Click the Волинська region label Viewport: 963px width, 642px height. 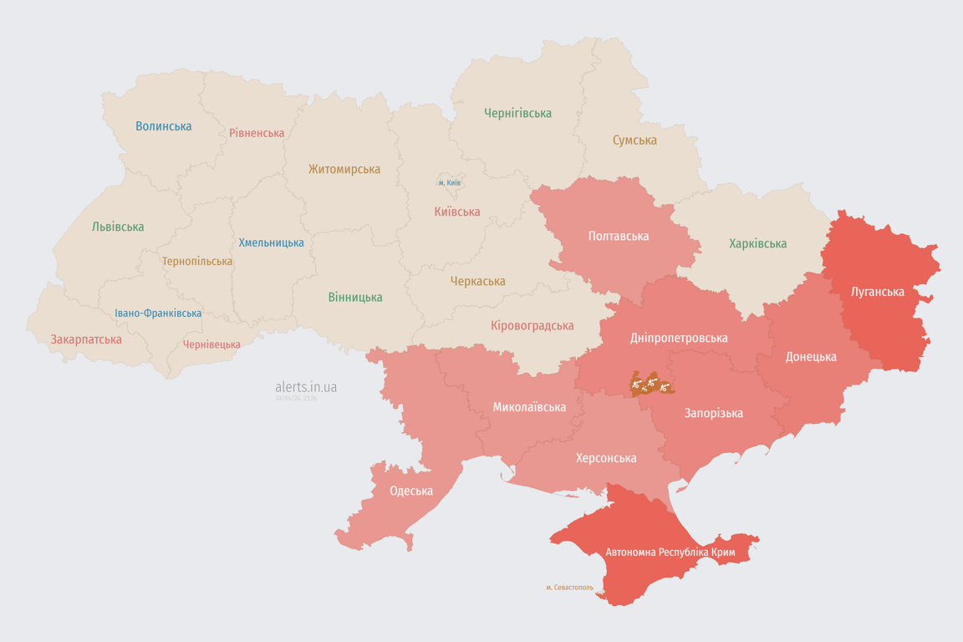(x=164, y=126)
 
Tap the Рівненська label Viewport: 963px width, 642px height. (x=257, y=133)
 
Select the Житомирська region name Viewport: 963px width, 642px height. (x=344, y=169)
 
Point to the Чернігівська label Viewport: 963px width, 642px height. (x=517, y=113)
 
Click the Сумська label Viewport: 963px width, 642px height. (x=634, y=140)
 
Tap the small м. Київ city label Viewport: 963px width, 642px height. (x=450, y=182)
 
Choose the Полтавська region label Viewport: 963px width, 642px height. (x=619, y=236)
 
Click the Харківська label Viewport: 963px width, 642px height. (x=757, y=243)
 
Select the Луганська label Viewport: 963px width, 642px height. (x=878, y=292)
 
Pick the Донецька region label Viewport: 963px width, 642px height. (x=811, y=356)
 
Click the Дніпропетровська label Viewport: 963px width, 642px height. (x=679, y=338)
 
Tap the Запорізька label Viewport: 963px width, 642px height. (x=713, y=413)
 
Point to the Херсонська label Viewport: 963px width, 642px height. (x=606, y=457)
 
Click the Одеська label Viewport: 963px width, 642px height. (x=411, y=491)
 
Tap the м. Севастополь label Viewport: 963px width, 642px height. (x=569, y=587)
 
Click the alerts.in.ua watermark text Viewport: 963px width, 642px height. (x=306, y=387)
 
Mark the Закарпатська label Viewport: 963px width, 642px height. (x=86, y=339)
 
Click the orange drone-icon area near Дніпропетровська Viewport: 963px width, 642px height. (x=652, y=385)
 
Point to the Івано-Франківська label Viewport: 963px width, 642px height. (x=158, y=313)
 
